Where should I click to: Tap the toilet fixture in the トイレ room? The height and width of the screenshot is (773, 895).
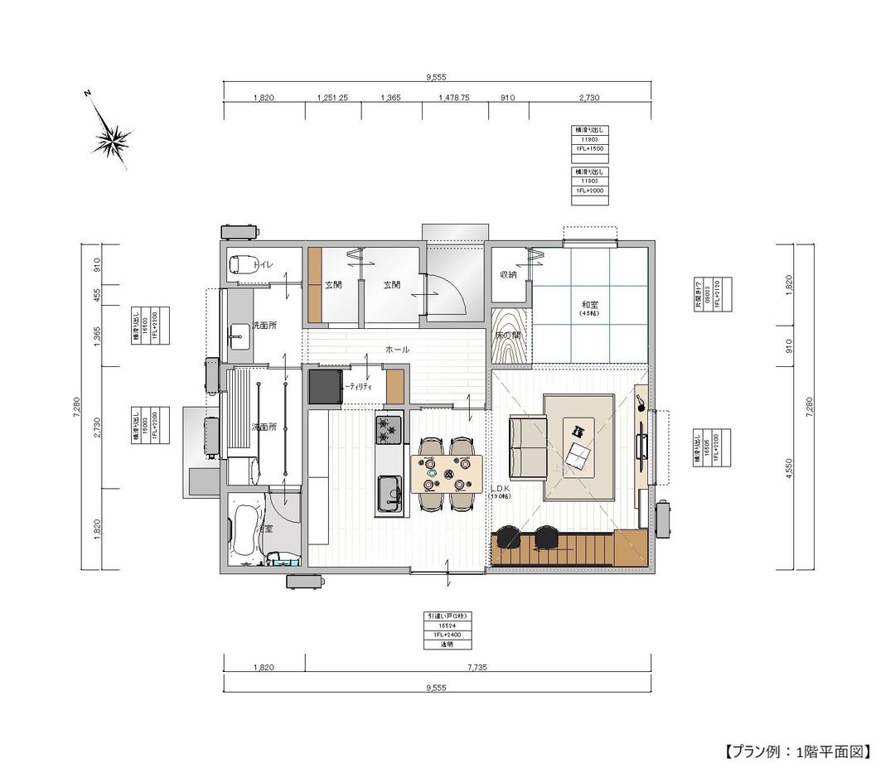pyautogui.click(x=241, y=265)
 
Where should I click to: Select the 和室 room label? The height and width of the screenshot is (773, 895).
pyautogui.click(x=589, y=305)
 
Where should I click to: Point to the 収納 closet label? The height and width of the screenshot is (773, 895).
pyautogui.click(x=508, y=274)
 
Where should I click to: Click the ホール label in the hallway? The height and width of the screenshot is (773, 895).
pyautogui.click(x=397, y=350)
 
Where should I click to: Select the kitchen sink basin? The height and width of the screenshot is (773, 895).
pyautogui.click(x=387, y=493)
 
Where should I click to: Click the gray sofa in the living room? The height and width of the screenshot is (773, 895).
pyautogui.click(x=526, y=448)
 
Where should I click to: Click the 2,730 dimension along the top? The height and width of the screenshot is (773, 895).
pyautogui.click(x=588, y=98)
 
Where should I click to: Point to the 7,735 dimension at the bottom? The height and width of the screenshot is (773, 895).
pyautogui.click(x=477, y=666)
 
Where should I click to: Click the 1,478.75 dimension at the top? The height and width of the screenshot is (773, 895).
pyautogui.click(x=453, y=98)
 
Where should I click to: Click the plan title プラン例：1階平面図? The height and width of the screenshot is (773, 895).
pyautogui.click(x=797, y=751)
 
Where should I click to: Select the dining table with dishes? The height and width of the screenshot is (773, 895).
pyautogui.click(x=446, y=475)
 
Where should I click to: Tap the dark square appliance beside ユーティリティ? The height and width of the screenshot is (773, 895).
pyautogui.click(x=325, y=388)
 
